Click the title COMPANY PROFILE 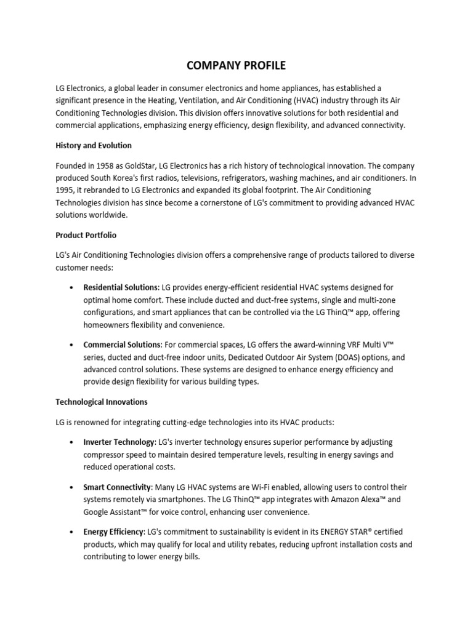(x=236, y=65)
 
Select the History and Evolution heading (x=94, y=146)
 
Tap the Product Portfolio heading (x=86, y=235)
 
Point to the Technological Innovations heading (x=102, y=402)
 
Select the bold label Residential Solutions (x=121, y=287)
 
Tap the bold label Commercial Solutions (x=122, y=344)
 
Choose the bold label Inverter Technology (x=119, y=442)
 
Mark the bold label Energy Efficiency (x=113, y=531)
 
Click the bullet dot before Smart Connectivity (x=72, y=487)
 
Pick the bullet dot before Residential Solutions (x=72, y=288)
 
